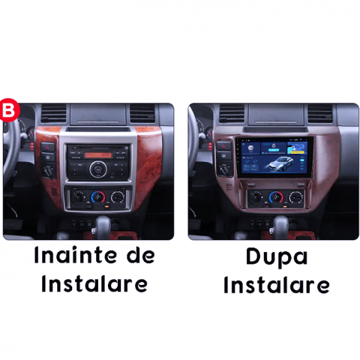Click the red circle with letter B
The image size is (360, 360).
click(9, 110)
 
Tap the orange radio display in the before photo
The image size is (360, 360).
click(98, 155)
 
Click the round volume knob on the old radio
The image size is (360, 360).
click(98, 169)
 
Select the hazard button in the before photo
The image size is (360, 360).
click(48, 147)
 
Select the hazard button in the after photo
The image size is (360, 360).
click(224, 145)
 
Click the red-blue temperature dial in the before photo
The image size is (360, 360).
click(98, 197)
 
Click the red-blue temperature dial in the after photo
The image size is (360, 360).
click(276, 197)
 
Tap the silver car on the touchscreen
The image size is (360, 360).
click(281, 163)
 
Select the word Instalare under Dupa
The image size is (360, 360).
click(277, 285)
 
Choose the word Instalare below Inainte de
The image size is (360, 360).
click(94, 284)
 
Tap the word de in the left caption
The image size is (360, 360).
click(141, 255)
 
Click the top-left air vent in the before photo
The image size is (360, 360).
click(53, 113)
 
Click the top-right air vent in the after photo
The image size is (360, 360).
click(320, 113)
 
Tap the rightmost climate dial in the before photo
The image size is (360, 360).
click(118, 197)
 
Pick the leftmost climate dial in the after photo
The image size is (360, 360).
click(256, 197)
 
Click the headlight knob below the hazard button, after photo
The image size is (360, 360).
click(225, 170)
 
